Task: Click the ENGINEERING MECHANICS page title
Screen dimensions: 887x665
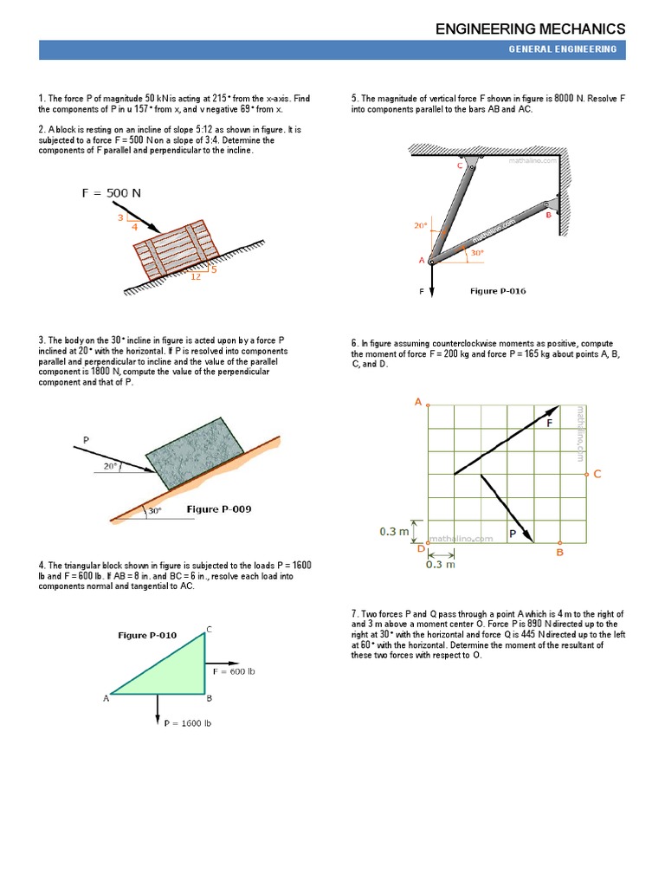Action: (530, 29)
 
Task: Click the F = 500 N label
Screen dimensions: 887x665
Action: (112, 193)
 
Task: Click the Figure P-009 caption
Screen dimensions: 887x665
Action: (219, 509)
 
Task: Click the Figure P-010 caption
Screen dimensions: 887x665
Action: (147, 635)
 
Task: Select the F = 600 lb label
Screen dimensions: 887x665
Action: (234, 671)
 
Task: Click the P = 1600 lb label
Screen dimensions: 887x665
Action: (188, 722)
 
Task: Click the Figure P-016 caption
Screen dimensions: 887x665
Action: (497, 291)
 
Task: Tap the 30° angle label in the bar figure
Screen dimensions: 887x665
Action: (477, 253)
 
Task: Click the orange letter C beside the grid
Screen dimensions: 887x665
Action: (597, 474)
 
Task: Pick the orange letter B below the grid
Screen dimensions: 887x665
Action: (559, 552)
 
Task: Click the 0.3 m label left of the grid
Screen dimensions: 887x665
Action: (393, 531)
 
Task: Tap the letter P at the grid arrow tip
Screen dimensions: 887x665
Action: (512, 534)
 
